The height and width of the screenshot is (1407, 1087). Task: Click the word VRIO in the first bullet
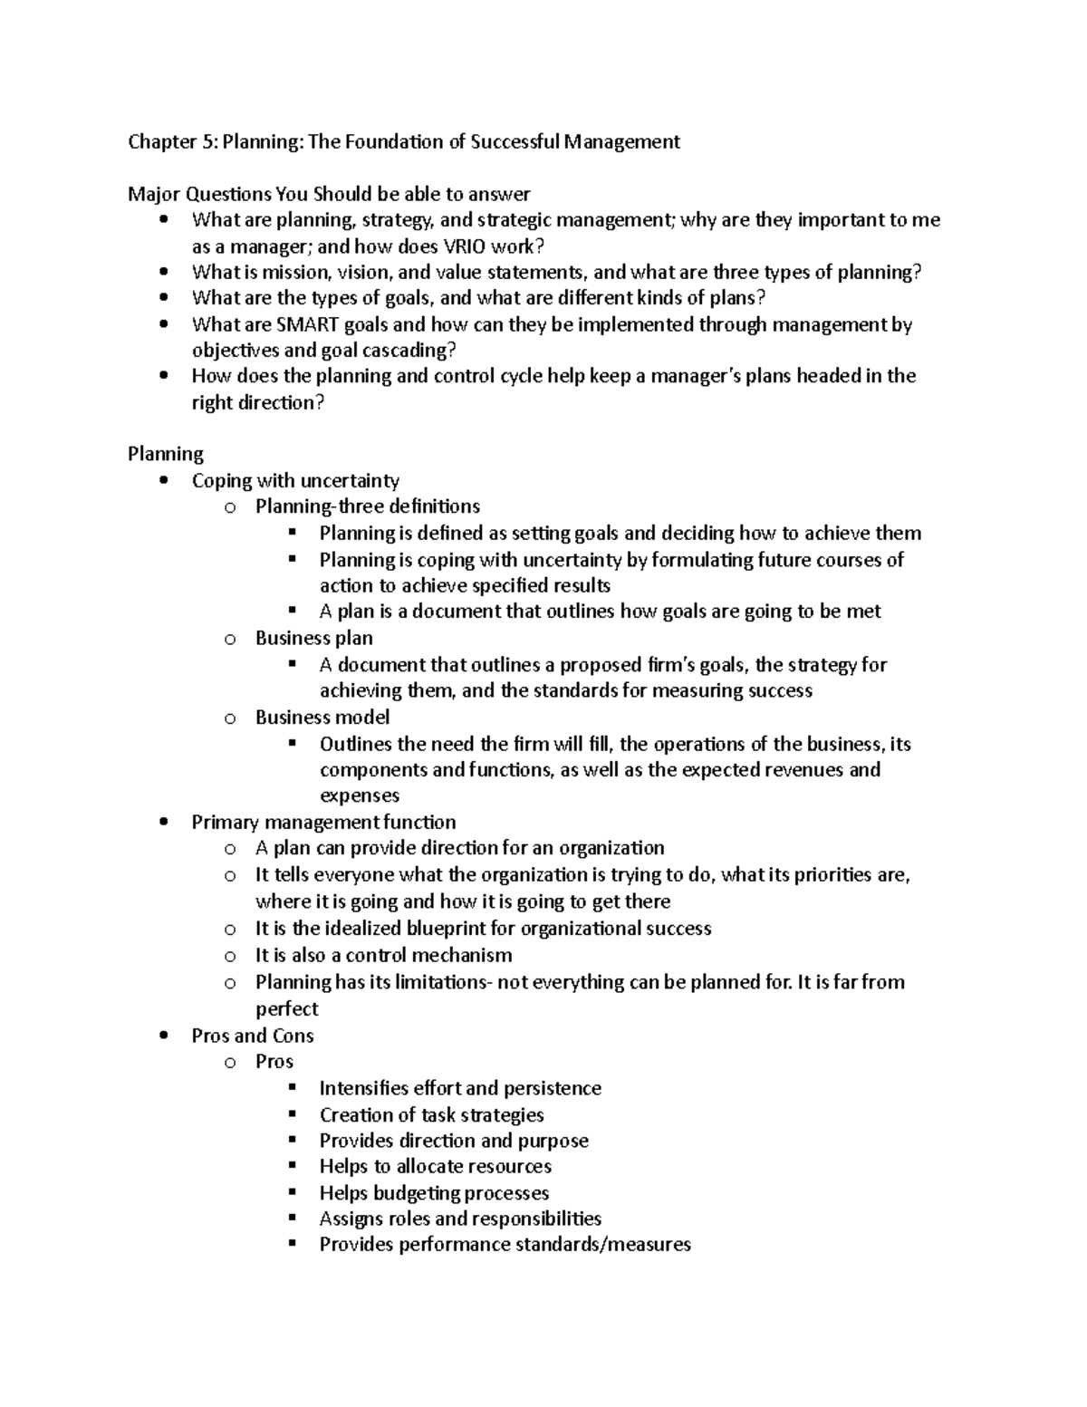(x=463, y=246)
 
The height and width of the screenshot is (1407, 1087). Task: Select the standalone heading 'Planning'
(x=166, y=454)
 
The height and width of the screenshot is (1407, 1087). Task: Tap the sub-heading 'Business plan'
(x=313, y=638)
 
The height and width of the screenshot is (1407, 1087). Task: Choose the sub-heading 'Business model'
(x=322, y=718)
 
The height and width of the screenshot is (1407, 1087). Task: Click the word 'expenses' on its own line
(x=359, y=795)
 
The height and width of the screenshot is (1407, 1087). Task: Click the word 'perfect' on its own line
(x=286, y=1008)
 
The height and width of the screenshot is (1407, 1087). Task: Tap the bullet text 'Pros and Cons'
(x=253, y=1036)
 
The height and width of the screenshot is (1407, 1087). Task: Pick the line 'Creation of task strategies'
(x=431, y=1115)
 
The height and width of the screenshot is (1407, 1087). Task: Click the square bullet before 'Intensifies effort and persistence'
(x=292, y=1087)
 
